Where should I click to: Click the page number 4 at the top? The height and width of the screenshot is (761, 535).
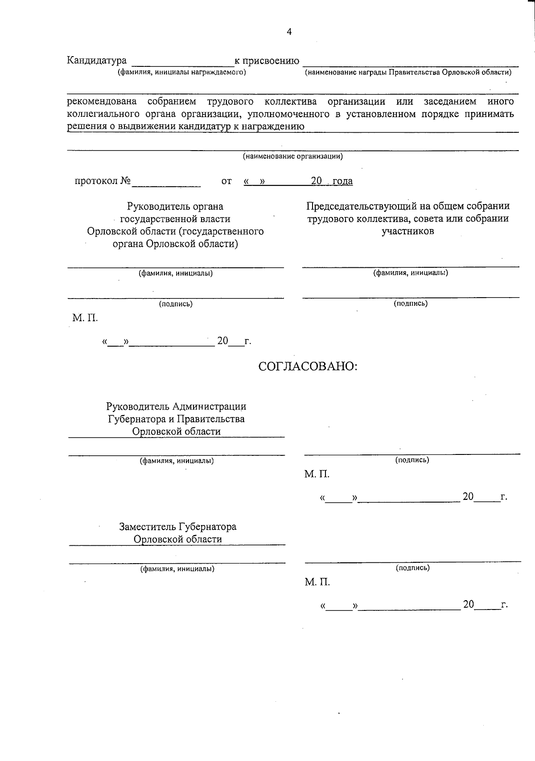289,32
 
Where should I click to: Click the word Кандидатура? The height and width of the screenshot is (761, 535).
97,61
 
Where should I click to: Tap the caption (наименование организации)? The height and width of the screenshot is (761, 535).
292,156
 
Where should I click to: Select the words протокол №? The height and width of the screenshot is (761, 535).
103,181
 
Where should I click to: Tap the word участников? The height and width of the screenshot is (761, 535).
407,231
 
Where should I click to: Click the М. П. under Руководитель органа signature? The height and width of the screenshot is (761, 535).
85,318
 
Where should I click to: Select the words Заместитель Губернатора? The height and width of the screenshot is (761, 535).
177,527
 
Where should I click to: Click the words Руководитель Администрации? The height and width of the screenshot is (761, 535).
176,406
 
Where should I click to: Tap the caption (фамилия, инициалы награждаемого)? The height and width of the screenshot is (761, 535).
181,72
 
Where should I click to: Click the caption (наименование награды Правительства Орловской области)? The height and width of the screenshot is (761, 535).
408,72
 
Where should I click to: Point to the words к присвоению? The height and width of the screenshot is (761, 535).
267,61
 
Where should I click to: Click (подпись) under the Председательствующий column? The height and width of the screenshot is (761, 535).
410,303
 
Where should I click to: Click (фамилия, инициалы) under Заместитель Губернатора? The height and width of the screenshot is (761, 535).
177,569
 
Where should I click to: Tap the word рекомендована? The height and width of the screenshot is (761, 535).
102,102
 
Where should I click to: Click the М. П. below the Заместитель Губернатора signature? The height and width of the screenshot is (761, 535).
317,582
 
